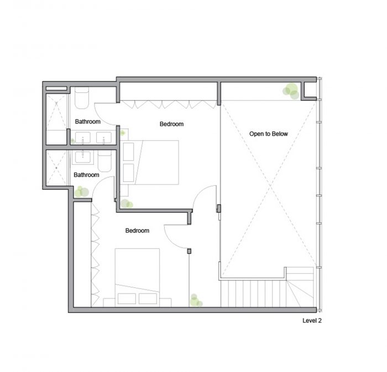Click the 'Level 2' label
pyautogui.click(x=312, y=321)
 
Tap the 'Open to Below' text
pyautogui.click(x=269, y=134)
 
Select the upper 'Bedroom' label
pyautogui.click(x=171, y=124)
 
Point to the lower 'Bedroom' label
pyautogui.click(x=137, y=230)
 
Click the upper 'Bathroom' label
pyautogui.click(x=87, y=122)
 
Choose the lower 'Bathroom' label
pyautogui.click(x=86, y=175)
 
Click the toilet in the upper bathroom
pyautogui.click(x=82, y=98)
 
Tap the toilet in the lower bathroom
pyautogui.click(x=105, y=161)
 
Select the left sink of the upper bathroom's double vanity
pyautogui.click(x=83, y=138)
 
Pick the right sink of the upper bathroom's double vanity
pyautogui.click(x=104, y=138)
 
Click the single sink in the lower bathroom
pyautogui.click(x=83, y=157)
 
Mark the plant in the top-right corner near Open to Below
pyautogui.click(x=291, y=91)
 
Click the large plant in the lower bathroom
pyautogui.click(x=81, y=192)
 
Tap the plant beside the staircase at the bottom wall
pyautogui.click(x=196, y=301)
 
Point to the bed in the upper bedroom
pyautogui.click(x=150, y=163)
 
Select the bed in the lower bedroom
pyautogui.click(x=137, y=277)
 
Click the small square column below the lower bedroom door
pyautogui.click(x=189, y=251)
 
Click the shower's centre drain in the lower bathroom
pyautogui.click(x=56, y=167)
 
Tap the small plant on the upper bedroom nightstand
pyautogui.click(x=122, y=133)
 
